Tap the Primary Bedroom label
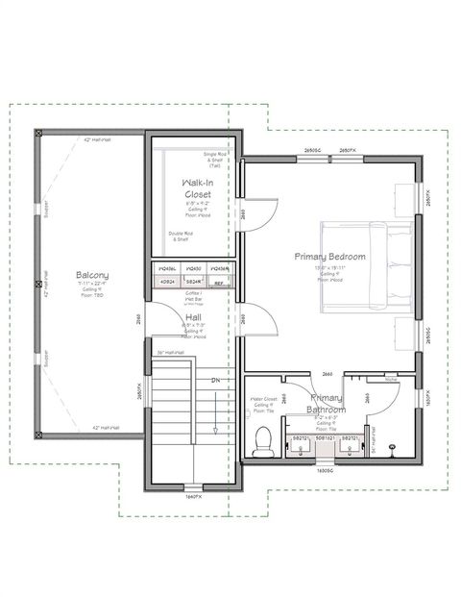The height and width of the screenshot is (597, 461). click(329, 257)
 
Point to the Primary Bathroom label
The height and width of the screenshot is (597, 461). click(328, 403)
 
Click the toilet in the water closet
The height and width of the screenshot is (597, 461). click(262, 441)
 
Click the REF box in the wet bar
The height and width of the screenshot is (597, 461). click(218, 284)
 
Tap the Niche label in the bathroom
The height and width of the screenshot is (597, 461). click(390, 379)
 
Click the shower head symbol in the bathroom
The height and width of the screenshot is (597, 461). click(394, 447)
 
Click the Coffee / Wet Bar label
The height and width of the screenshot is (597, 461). click(193, 296)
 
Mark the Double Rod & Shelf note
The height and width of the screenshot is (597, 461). click(180, 236)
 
